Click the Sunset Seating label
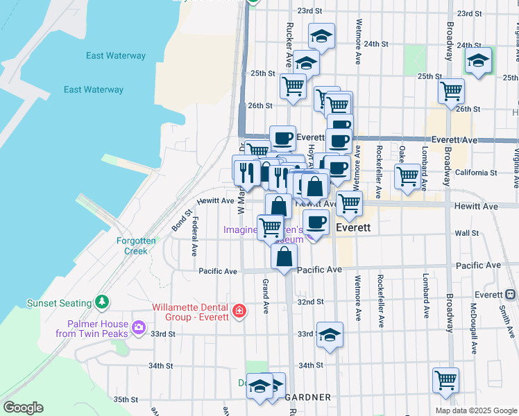[59, 303]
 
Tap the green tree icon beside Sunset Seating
[103, 302]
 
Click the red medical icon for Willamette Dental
[239, 311]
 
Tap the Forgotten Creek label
[136, 245]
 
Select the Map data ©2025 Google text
[475, 410]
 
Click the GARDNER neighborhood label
[307, 398]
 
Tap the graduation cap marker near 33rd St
[330, 334]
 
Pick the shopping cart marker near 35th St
[445, 379]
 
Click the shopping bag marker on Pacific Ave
[284, 257]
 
